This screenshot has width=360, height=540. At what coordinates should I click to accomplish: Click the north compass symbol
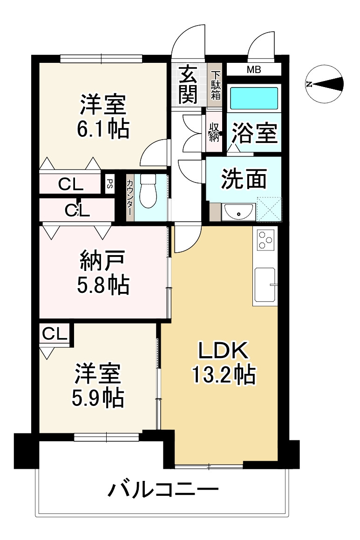(325, 84)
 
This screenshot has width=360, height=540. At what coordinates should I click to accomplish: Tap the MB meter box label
(254, 70)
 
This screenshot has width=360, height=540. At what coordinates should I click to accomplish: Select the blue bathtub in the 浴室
(254, 98)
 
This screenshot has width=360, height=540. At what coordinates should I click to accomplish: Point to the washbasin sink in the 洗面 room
(238, 212)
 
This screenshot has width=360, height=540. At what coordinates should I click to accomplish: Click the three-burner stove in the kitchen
(265, 239)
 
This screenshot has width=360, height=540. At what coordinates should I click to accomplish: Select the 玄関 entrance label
(188, 84)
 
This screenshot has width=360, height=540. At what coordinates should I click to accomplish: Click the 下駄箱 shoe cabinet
(216, 85)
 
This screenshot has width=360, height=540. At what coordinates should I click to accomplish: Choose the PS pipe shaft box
(109, 182)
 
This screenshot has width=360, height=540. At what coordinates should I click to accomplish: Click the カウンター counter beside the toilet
(130, 197)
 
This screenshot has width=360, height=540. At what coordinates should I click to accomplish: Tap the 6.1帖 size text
(103, 128)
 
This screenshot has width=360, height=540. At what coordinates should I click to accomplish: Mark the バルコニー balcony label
(163, 489)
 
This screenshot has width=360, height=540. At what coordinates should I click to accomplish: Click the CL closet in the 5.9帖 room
(54, 333)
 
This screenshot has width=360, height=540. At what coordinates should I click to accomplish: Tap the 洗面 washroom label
(244, 179)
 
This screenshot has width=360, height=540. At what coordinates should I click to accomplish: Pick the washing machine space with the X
(269, 209)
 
